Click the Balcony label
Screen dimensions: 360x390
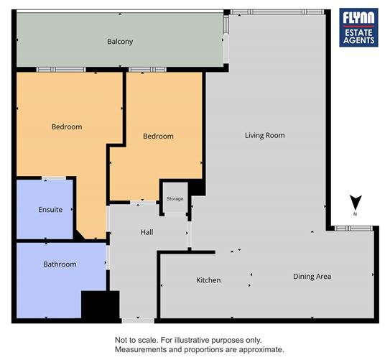click(x=120, y=42)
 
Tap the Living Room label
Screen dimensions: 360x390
click(x=264, y=135)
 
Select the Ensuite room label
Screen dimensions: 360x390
click(x=50, y=210)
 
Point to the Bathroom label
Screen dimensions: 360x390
click(x=60, y=264)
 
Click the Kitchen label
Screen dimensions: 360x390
click(x=208, y=280)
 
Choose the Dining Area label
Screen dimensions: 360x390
click(x=312, y=276)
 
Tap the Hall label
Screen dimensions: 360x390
click(x=147, y=232)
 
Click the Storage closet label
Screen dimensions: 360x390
click(x=175, y=198)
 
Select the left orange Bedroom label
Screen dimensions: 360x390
click(x=67, y=126)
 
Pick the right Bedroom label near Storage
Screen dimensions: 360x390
click(x=158, y=136)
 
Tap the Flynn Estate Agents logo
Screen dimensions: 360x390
click(x=358, y=28)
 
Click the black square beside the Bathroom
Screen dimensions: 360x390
click(x=99, y=305)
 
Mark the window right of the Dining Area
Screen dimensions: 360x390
click(x=353, y=229)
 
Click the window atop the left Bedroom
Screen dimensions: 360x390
click(x=56, y=70)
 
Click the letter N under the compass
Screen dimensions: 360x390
click(x=356, y=214)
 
